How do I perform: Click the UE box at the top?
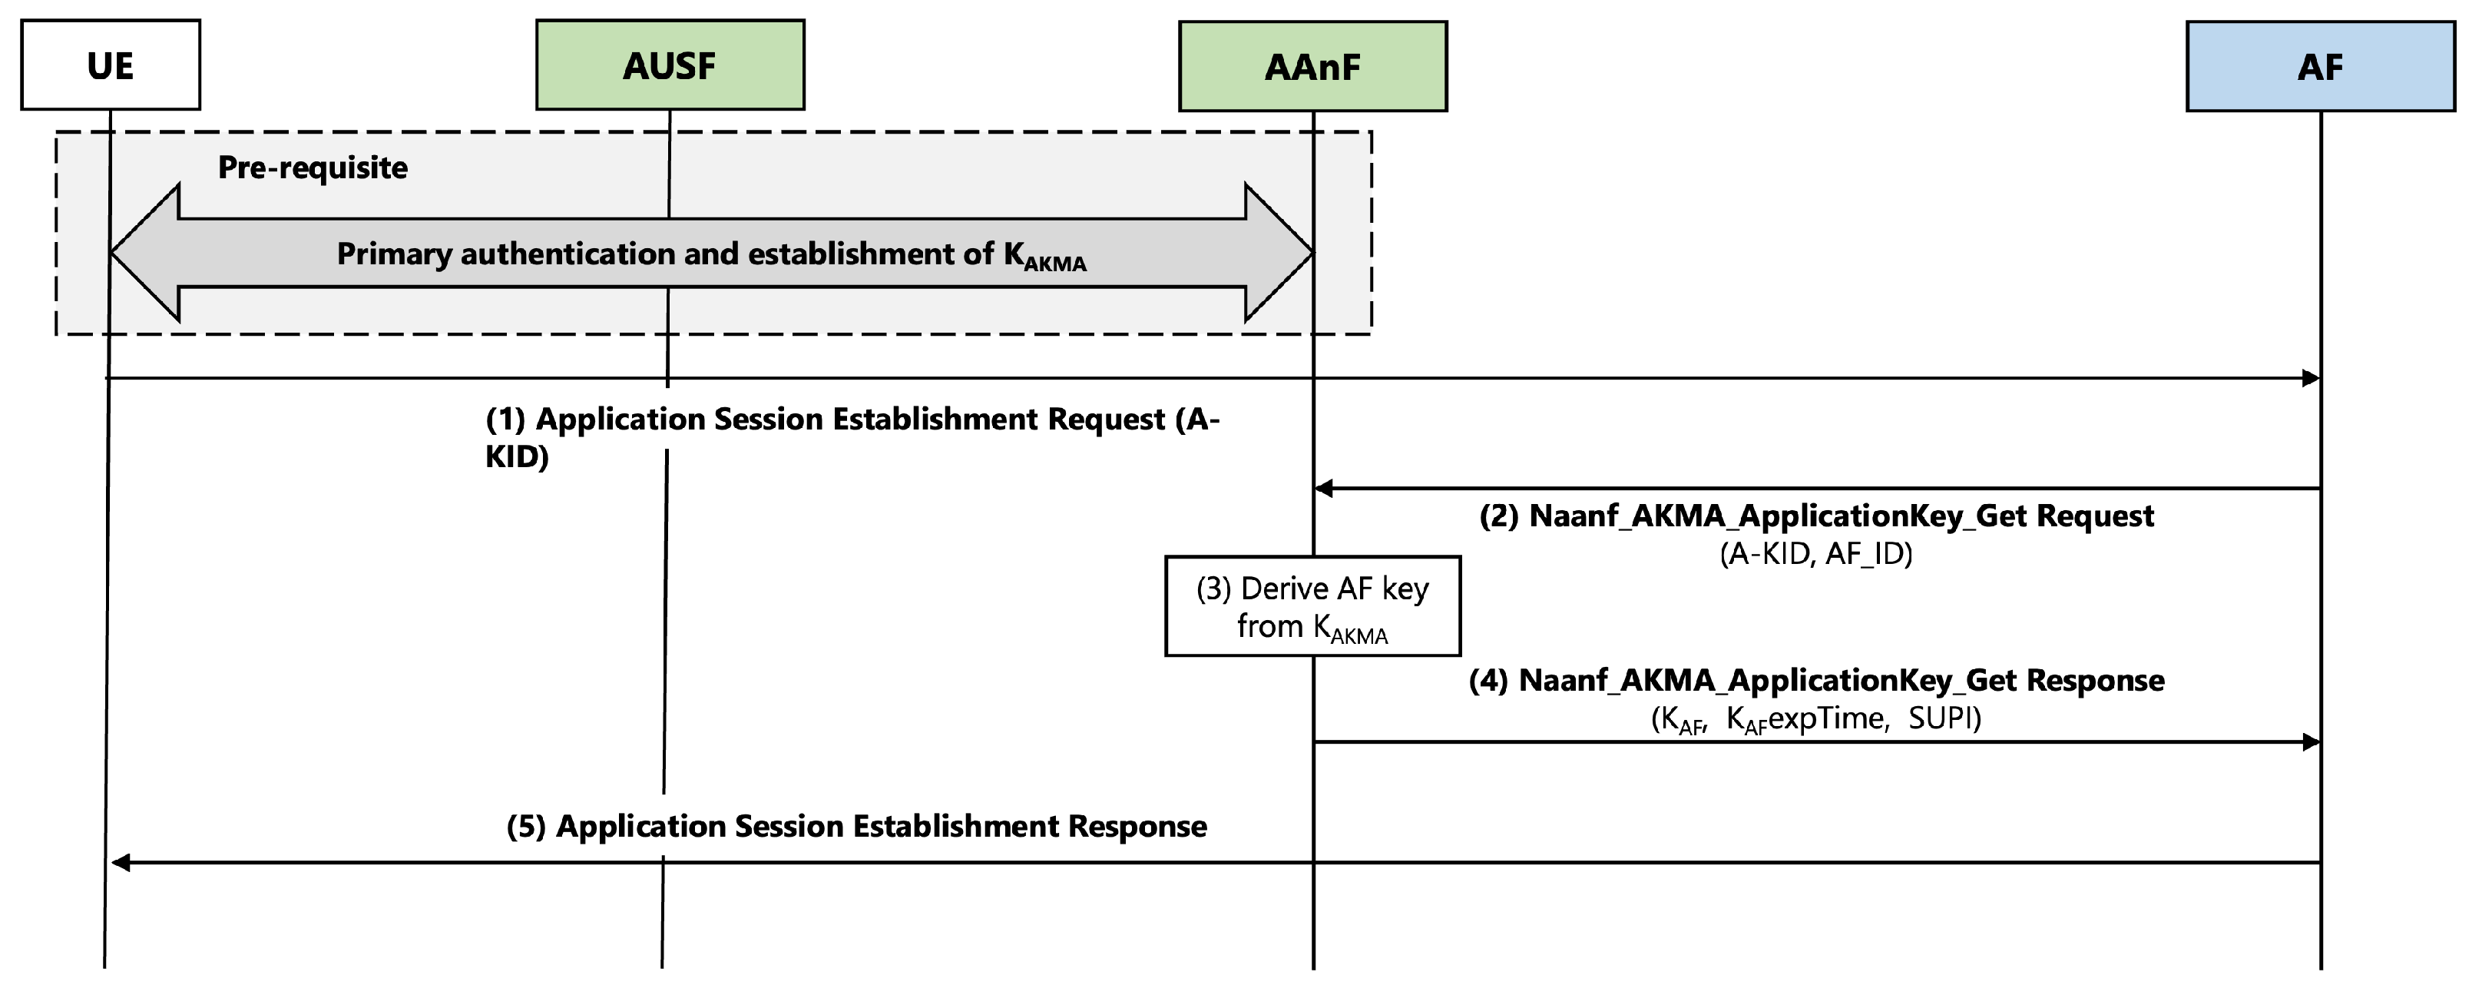coord(110,65)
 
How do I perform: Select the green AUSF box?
coord(670,65)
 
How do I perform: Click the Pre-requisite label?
coord(313,167)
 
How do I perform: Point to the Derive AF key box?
coord(1312,606)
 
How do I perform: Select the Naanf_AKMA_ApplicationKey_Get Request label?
coord(1816,516)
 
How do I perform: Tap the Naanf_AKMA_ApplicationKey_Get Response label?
coord(1816,681)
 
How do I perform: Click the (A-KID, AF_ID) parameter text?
coord(1816,554)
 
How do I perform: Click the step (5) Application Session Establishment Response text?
coord(856,826)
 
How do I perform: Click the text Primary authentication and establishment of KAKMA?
coord(711,254)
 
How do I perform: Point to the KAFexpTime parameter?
coord(1806,719)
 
